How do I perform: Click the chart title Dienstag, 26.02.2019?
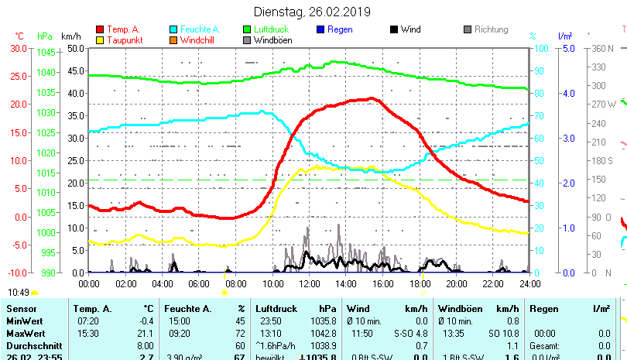pyautogui.click(x=313, y=12)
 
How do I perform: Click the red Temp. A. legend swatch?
pyautogui.click(x=100, y=29)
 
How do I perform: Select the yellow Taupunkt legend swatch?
pyautogui.click(x=100, y=39)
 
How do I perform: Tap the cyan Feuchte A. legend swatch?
pyautogui.click(x=173, y=29)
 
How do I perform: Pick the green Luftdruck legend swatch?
pyautogui.click(x=247, y=29)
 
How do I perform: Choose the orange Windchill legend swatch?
pyautogui.click(x=173, y=39)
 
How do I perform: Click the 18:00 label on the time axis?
pyautogui.click(x=419, y=284)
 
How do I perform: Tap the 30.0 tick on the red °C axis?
pyautogui.click(x=17, y=48)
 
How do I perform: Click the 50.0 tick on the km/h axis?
pyautogui.click(x=75, y=48)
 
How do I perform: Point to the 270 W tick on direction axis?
pyautogui.click(x=605, y=104)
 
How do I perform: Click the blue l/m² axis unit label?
pyautogui.click(x=564, y=36)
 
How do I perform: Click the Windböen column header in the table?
pyautogui.click(x=461, y=309)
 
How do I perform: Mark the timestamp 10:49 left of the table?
pyautogui.click(x=19, y=293)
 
